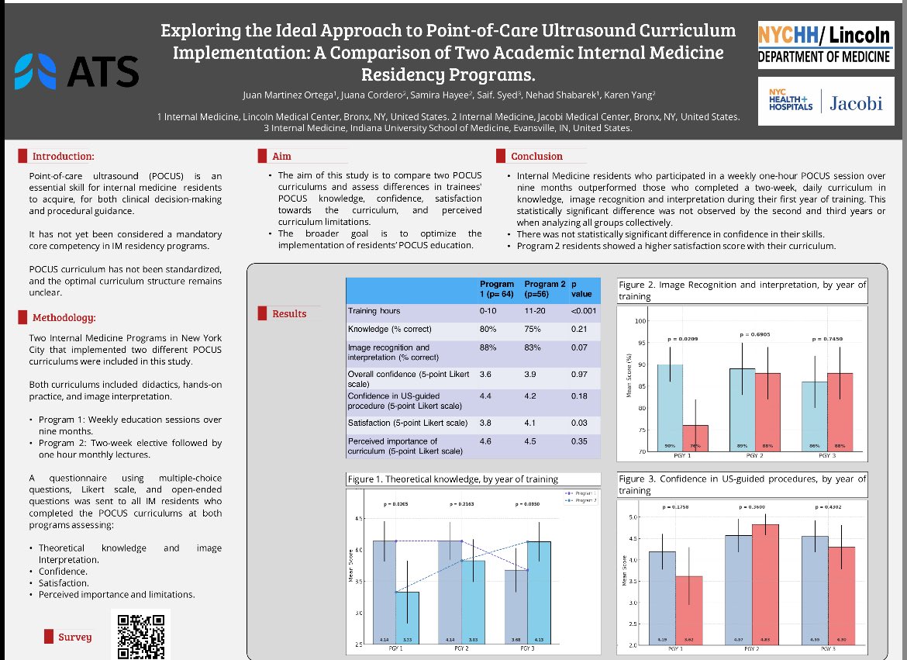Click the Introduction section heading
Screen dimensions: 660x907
[63, 156]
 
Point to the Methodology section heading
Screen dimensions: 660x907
[64, 317]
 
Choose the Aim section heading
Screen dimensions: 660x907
[281, 156]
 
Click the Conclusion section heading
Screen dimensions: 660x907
[536, 156]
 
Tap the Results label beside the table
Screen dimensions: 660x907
[288, 313]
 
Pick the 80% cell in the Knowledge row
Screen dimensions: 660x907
[488, 330]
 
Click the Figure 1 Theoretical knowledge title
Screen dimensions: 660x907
[453, 479]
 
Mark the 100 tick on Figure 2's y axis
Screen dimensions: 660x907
[640, 321]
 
